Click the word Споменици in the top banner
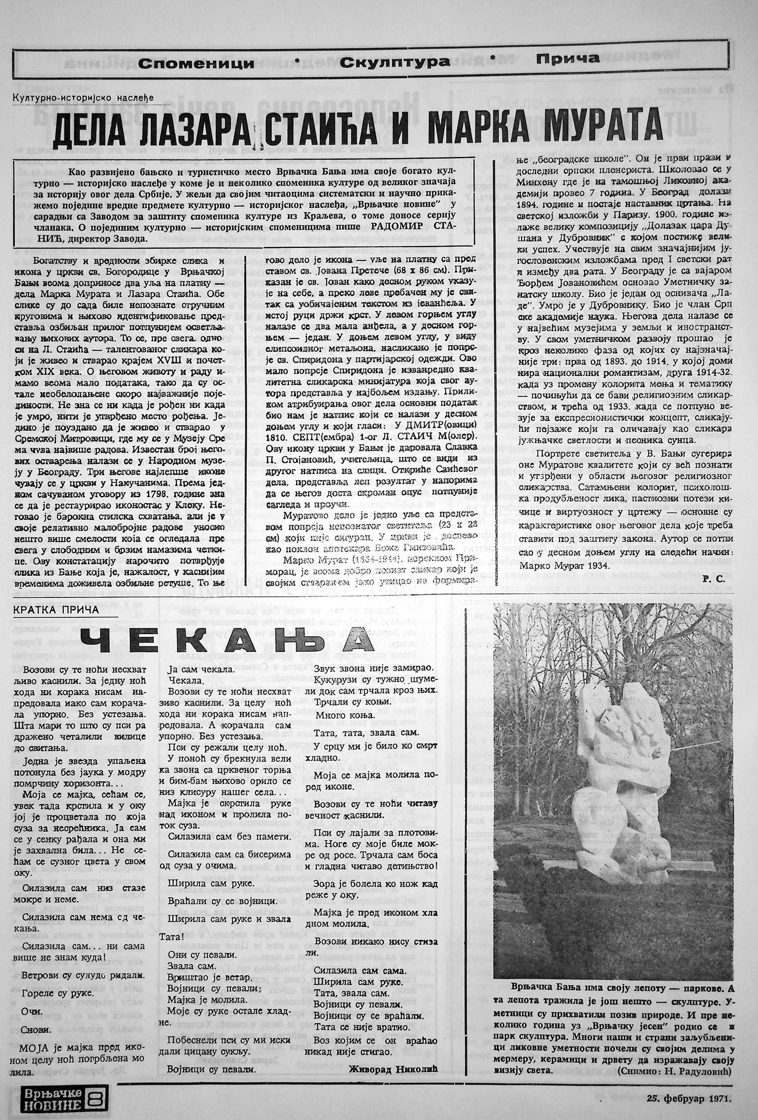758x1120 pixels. point(197,62)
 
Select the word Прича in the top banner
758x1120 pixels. point(567,59)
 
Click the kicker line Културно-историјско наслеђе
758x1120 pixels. point(84,97)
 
